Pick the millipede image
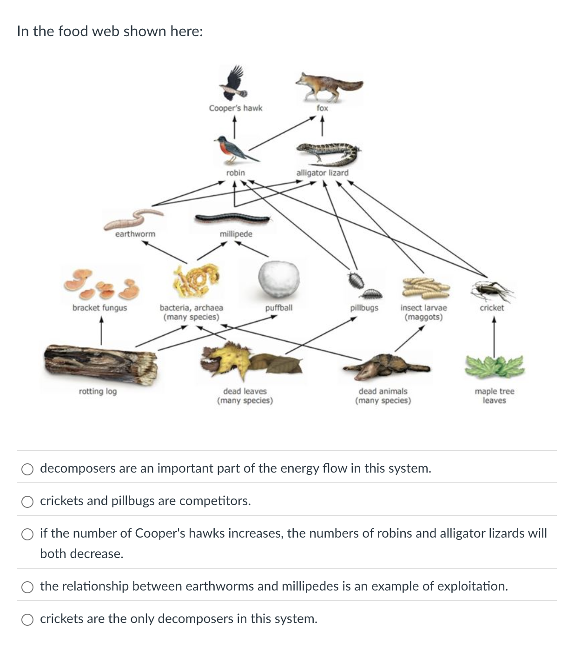coord(232,218)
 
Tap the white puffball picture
coord(279,279)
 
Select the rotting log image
coord(100,364)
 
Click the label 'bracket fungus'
coord(99,308)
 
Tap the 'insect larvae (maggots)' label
coord(423,312)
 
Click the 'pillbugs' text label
coord(364,308)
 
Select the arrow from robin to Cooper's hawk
coord(235,127)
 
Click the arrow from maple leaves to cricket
coord(494,336)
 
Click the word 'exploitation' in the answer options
coord(471,586)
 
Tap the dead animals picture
coord(386,365)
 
